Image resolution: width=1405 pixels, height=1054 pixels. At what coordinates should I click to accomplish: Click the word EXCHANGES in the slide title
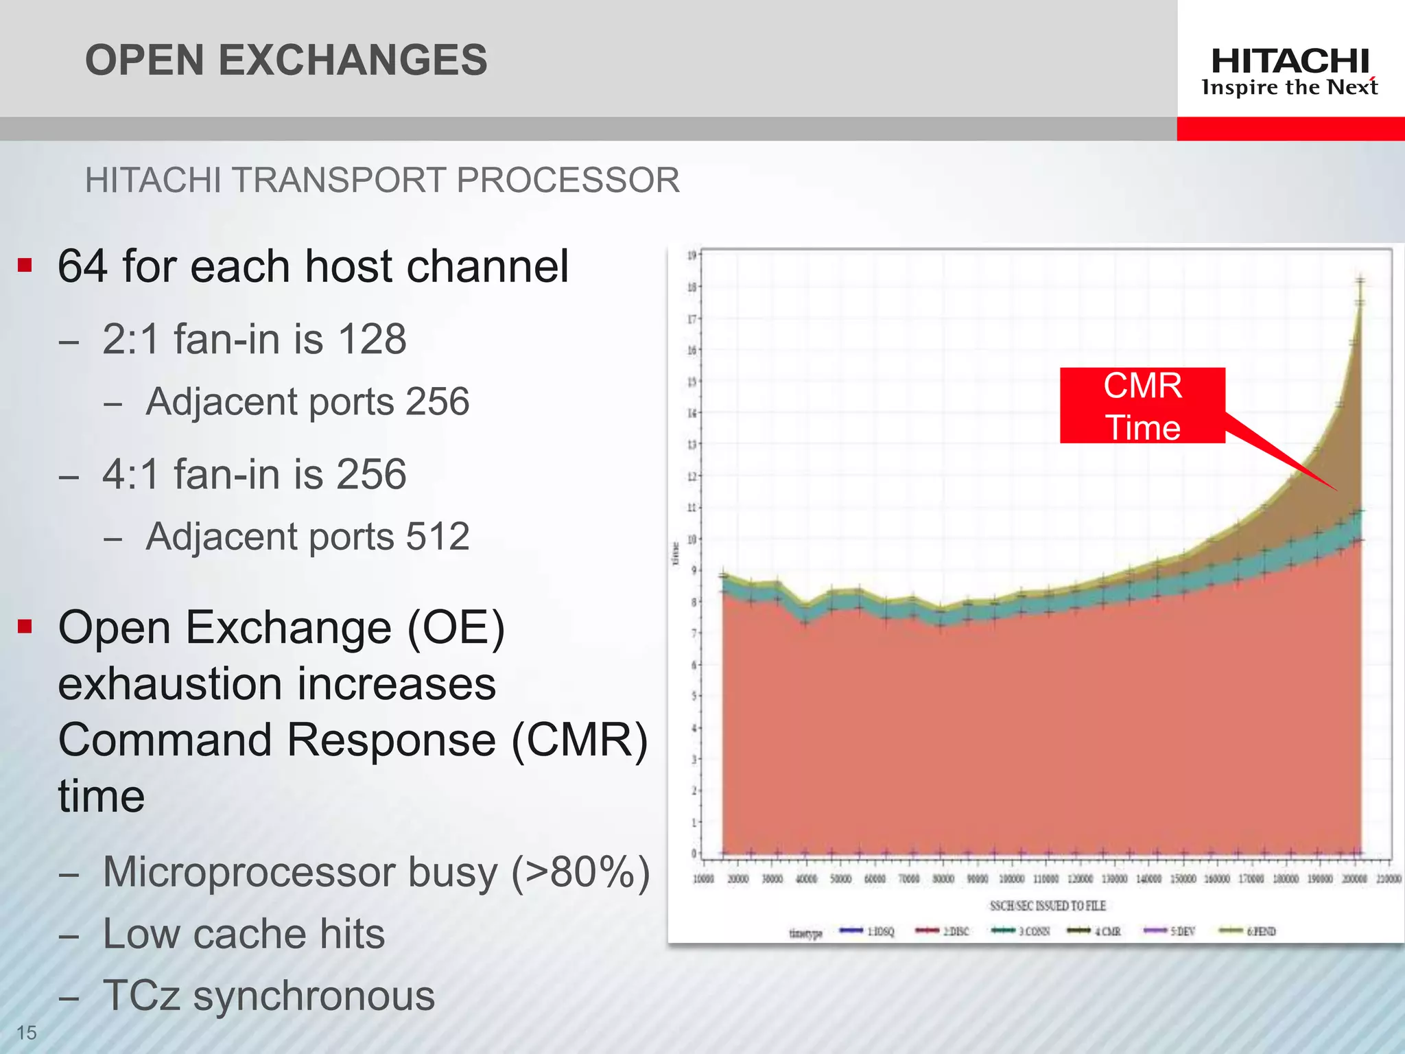353,60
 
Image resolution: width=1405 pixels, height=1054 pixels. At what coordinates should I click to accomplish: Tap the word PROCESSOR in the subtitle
567,180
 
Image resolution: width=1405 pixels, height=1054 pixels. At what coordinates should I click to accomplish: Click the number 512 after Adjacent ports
438,537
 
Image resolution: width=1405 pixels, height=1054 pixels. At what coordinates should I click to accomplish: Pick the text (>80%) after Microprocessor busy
580,872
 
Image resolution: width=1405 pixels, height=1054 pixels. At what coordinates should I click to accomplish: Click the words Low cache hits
244,934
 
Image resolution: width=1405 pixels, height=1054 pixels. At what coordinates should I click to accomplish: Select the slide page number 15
26,1032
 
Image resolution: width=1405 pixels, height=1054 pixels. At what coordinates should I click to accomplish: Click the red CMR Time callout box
1142,406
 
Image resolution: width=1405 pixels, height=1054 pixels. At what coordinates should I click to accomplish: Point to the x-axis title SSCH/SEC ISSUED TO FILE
1048,906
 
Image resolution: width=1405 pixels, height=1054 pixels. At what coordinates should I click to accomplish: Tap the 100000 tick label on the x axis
1012,879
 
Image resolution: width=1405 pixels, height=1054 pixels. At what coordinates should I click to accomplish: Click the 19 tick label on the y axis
692,255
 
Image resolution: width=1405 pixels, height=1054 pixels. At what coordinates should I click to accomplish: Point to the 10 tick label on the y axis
692,539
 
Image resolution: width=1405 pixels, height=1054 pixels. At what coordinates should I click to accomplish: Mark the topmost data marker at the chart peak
1360,280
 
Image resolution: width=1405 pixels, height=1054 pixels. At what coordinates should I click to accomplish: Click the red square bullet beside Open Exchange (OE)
25,626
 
